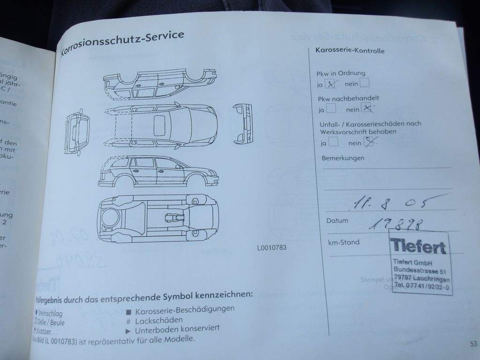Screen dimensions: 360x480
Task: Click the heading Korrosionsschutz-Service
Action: [x=123, y=42]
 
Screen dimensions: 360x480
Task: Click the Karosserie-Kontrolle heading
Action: [x=350, y=51]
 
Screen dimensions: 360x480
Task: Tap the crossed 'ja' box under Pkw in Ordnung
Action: [x=332, y=84]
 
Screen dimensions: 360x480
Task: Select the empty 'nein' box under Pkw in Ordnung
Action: [x=364, y=83]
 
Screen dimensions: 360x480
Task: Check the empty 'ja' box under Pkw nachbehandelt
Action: [x=331, y=109]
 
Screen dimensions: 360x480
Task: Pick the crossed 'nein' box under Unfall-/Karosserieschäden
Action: [x=369, y=142]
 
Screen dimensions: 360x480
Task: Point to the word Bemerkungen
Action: [x=343, y=158]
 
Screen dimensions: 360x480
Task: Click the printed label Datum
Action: [x=337, y=220]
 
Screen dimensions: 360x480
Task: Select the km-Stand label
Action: [x=344, y=242]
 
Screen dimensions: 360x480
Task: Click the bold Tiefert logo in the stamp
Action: [x=417, y=246]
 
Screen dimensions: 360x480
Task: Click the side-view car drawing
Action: [x=158, y=171]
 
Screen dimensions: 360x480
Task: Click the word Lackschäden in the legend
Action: [x=159, y=321]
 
